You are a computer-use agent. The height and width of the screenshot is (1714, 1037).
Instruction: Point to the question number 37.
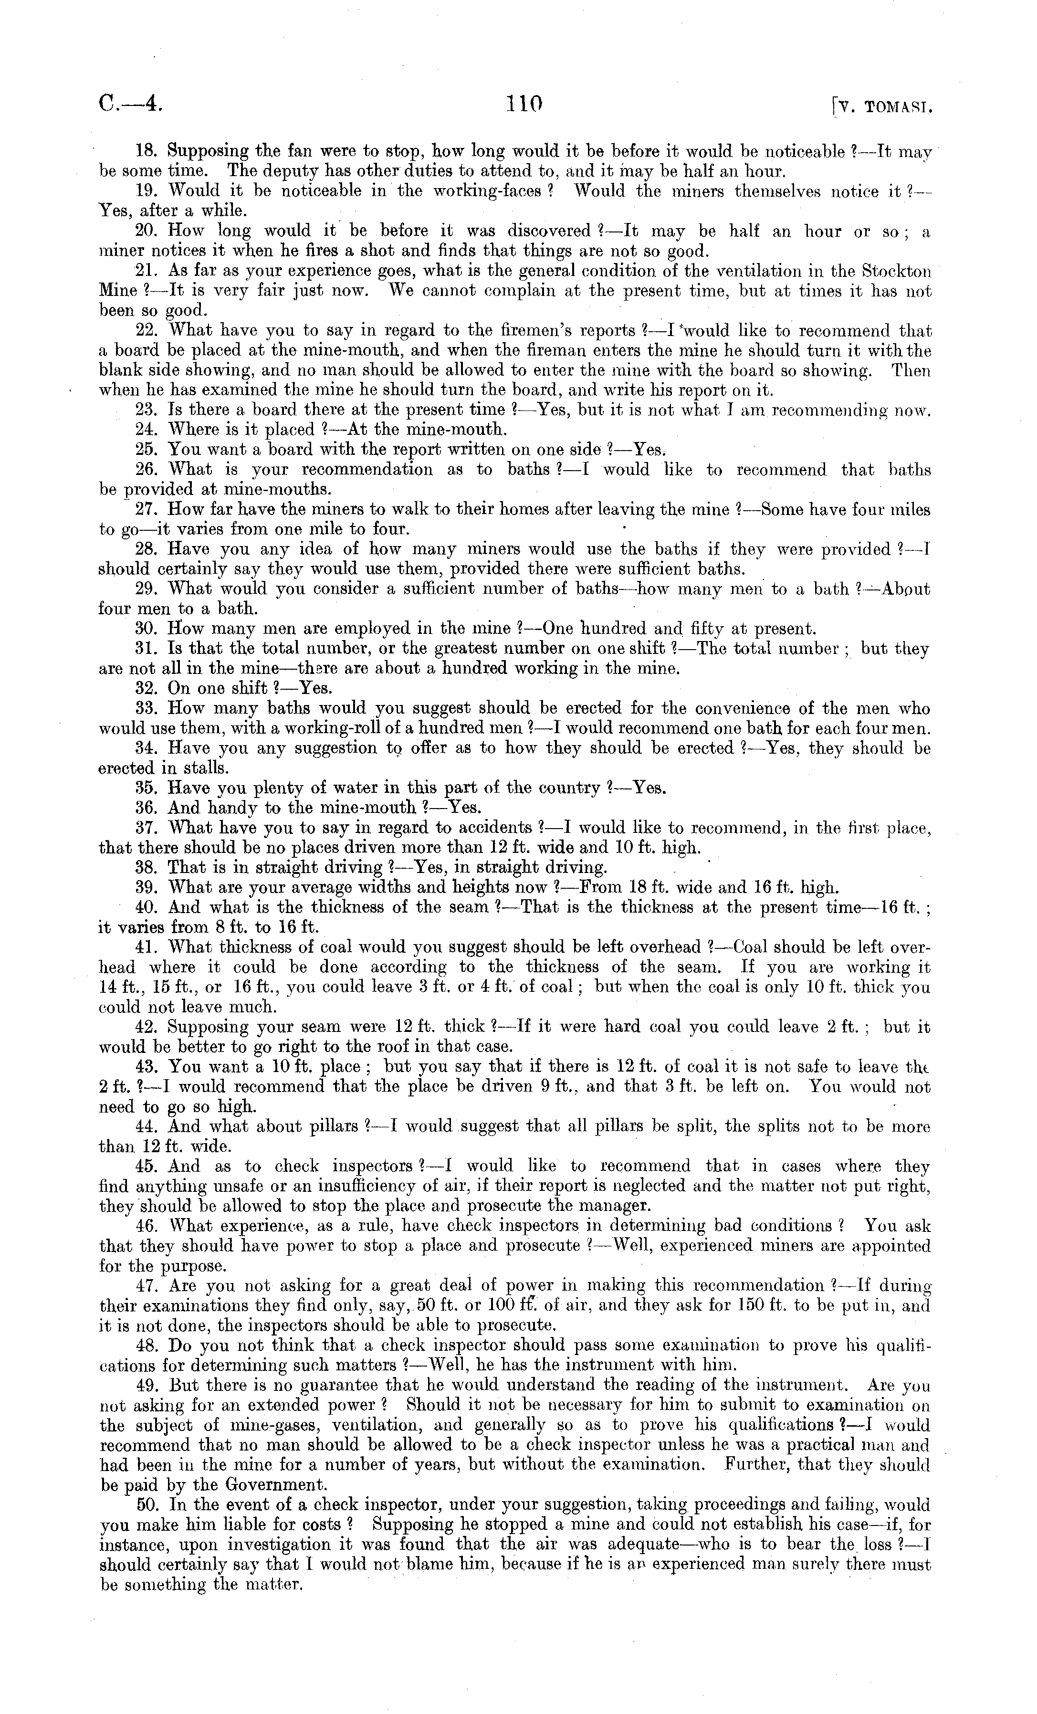click(146, 828)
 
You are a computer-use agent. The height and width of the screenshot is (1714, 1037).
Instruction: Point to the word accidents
click(494, 828)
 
